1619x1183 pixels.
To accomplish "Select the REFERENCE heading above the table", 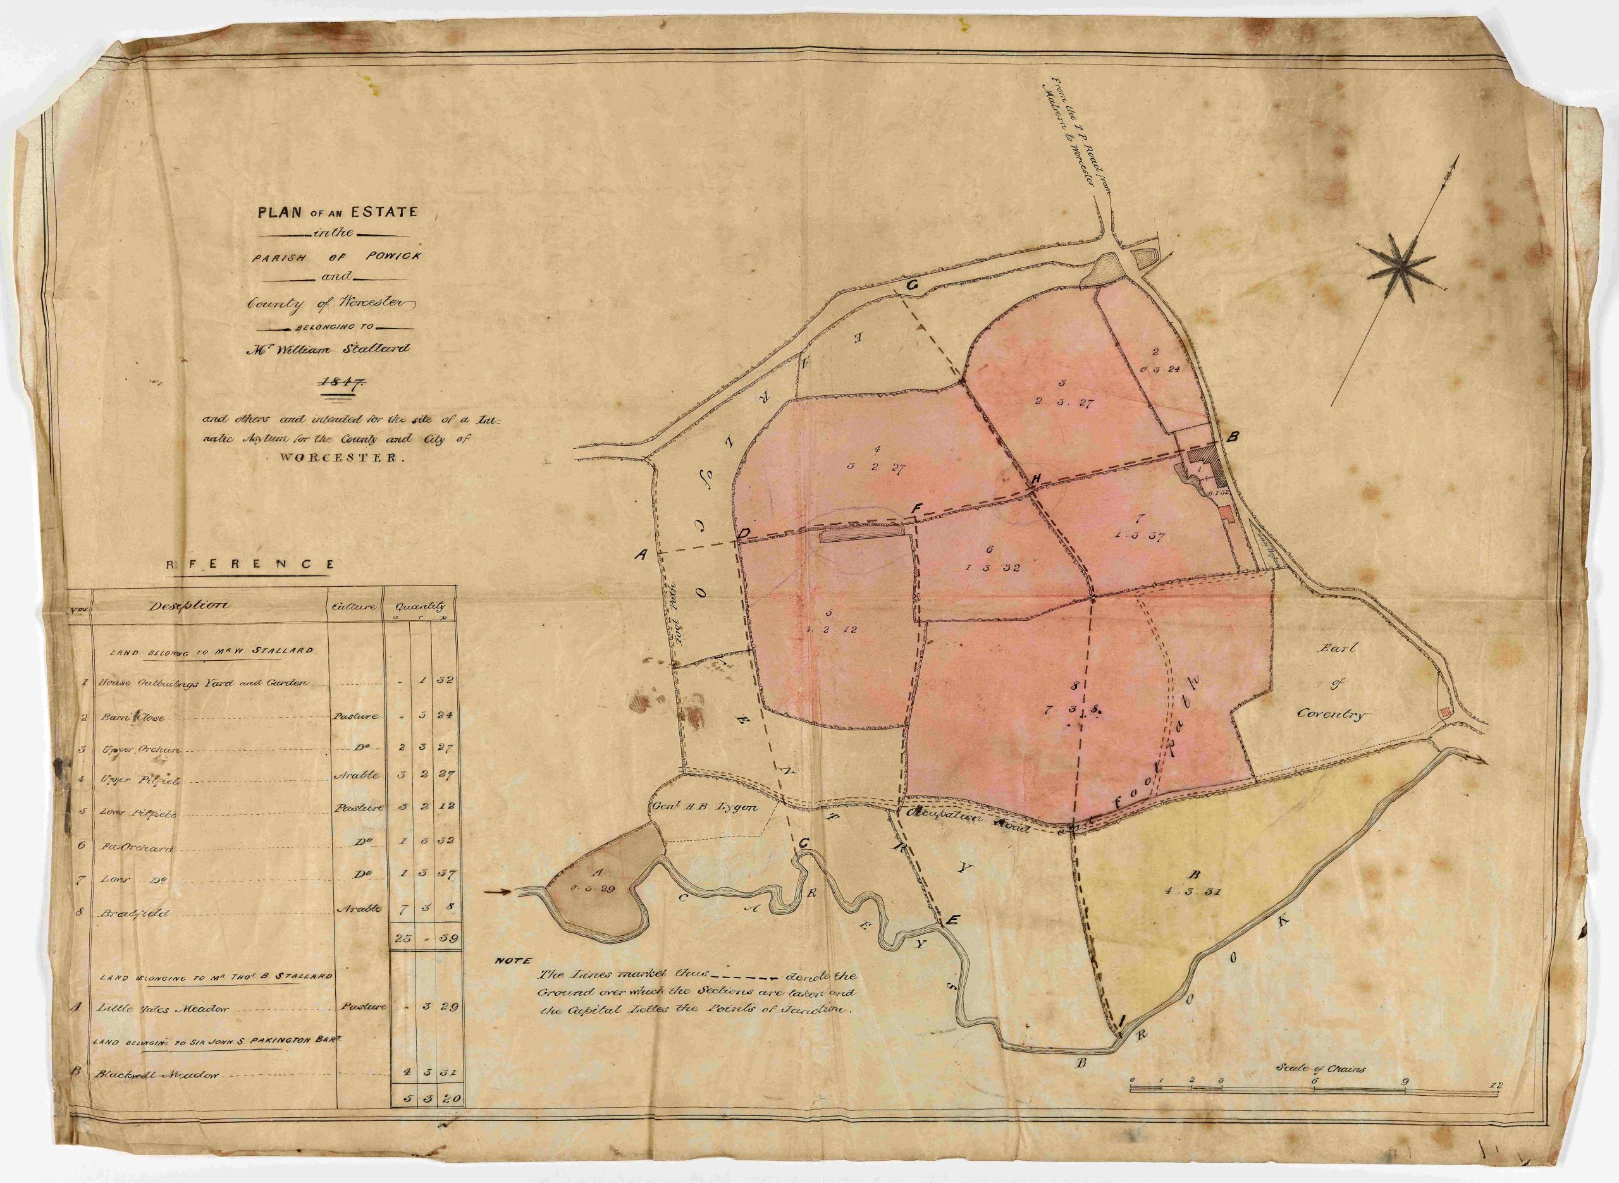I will pos(250,564).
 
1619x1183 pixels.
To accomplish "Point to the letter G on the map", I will pos(911,285).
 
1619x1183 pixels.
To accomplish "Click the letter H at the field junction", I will pos(1035,479).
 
